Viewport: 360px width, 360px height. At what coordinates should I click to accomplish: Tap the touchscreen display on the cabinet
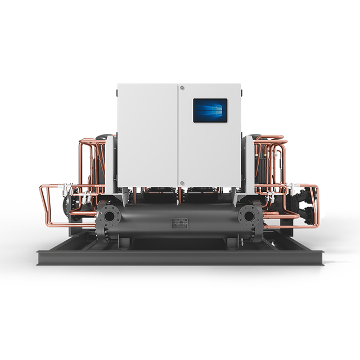210,110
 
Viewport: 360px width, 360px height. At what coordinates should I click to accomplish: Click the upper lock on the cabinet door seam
182,87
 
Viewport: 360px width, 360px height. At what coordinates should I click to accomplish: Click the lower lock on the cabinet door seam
181,183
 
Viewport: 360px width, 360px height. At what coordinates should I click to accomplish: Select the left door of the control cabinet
147,135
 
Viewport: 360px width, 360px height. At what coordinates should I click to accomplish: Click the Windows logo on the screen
210,110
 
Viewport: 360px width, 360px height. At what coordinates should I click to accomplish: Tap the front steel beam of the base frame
180,258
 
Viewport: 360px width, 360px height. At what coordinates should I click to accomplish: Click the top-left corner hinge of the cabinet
119,88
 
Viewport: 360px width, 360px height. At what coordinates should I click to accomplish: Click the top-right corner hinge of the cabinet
240,88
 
